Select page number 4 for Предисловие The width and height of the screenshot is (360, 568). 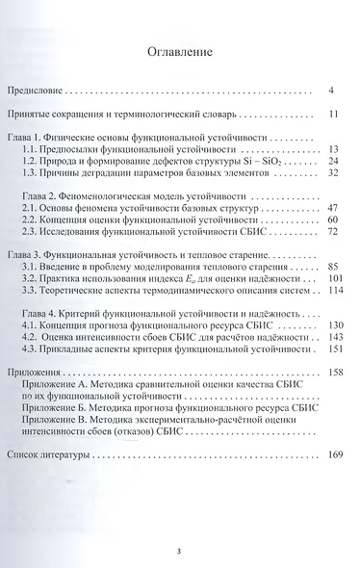click(329, 90)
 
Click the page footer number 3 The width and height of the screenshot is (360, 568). click(179, 550)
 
